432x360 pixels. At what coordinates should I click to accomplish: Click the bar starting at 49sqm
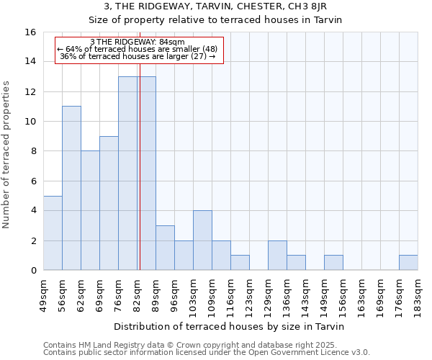click(53, 233)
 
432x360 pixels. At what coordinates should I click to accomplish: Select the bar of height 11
click(71, 188)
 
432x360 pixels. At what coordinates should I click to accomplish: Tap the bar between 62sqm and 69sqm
click(90, 210)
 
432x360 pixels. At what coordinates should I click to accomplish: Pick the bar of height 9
click(109, 203)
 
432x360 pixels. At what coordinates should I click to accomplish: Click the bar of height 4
click(202, 240)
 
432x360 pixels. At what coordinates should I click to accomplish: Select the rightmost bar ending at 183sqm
click(408, 263)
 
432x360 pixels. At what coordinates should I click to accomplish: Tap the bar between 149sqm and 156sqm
click(333, 263)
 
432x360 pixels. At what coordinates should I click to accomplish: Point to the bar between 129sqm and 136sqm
click(277, 255)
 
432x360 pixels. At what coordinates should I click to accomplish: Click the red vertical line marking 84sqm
click(140, 173)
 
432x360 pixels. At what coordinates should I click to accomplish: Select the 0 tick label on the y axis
click(33, 270)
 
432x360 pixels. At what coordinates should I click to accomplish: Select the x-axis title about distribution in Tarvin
click(230, 327)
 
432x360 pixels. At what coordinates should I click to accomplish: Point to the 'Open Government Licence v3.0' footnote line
click(207, 352)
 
